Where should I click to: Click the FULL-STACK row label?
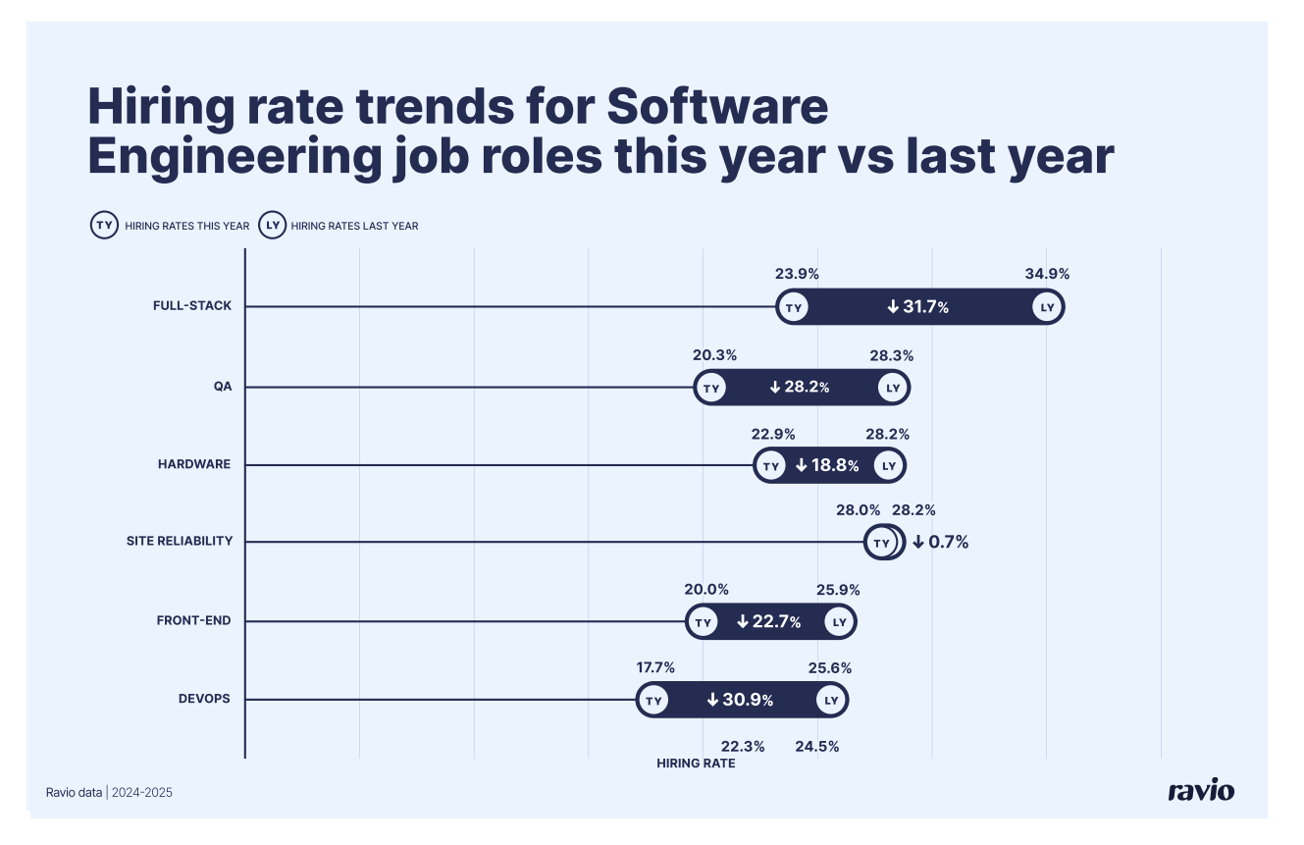click(192, 306)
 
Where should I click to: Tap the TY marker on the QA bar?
click(711, 388)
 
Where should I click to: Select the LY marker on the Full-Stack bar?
click(1047, 307)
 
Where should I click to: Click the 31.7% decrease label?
click(918, 308)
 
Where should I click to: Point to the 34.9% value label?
click(1047, 274)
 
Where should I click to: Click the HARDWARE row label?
click(194, 464)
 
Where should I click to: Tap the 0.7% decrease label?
click(941, 542)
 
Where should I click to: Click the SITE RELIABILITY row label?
click(180, 541)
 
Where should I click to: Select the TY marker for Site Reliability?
click(881, 543)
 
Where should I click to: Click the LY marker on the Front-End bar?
click(839, 622)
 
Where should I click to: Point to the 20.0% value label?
click(706, 590)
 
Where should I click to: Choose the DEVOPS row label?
click(204, 699)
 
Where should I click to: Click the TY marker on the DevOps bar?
click(653, 701)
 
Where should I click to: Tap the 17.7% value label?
click(655, 667)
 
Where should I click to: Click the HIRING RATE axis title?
click(696, 764)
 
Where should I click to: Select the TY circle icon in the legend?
click(104, 225)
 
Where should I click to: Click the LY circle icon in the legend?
click(272, 225)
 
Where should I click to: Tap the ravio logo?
click(1201, 791)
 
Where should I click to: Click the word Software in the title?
click(717, 107)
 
